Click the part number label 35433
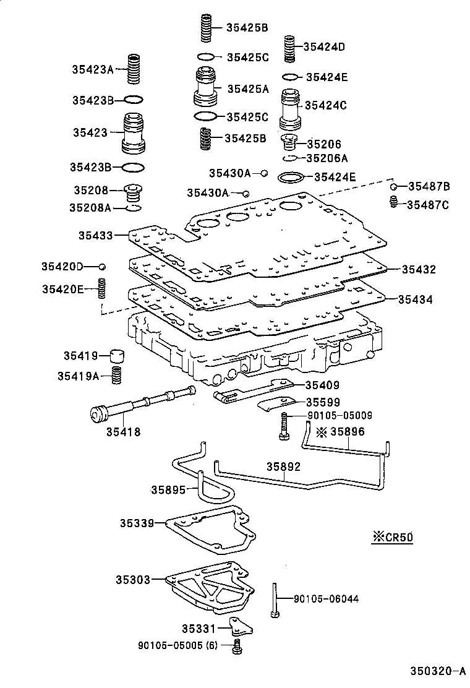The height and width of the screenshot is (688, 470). tap(95, 235)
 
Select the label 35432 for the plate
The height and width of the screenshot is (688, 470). tap(419, 270)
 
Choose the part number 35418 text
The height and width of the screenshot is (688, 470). tap(124, 432)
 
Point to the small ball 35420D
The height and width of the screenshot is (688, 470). tap(103, 266)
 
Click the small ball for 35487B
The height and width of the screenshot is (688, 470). tap(393, 186)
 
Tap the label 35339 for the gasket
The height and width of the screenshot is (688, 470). tap(137, 523)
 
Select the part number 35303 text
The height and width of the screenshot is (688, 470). tap(132, 580)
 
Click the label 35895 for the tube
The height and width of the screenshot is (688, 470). tap(168, 490)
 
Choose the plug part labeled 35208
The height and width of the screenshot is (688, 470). tap(132, 192)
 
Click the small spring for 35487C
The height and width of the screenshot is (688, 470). tap(392, 202)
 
